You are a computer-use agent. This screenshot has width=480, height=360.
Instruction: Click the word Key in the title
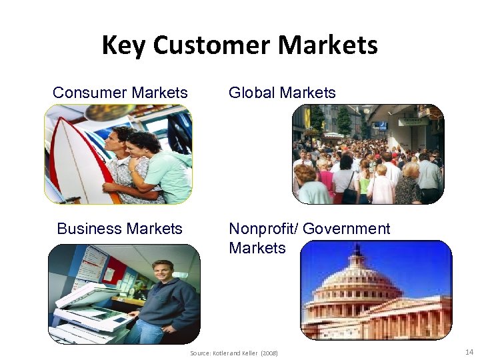tap(124, 45)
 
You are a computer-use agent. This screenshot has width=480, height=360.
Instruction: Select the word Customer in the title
tap(213, 45)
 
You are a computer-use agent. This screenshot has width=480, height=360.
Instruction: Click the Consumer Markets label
tap(120, 93)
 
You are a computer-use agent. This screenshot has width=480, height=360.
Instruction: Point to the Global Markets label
tap(282, 93)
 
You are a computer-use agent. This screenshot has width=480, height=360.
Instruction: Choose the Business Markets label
tap(119, 229)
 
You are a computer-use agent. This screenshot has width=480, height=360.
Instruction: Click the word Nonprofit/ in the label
tap(263, 229)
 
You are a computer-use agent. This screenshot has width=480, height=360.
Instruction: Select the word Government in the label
tap(346, 229)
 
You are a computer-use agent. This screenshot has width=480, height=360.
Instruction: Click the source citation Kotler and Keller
tap(237, 353)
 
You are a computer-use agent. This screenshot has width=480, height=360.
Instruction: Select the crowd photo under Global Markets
tap(368, 154)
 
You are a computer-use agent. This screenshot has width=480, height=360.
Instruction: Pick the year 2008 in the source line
tap(269, 353)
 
